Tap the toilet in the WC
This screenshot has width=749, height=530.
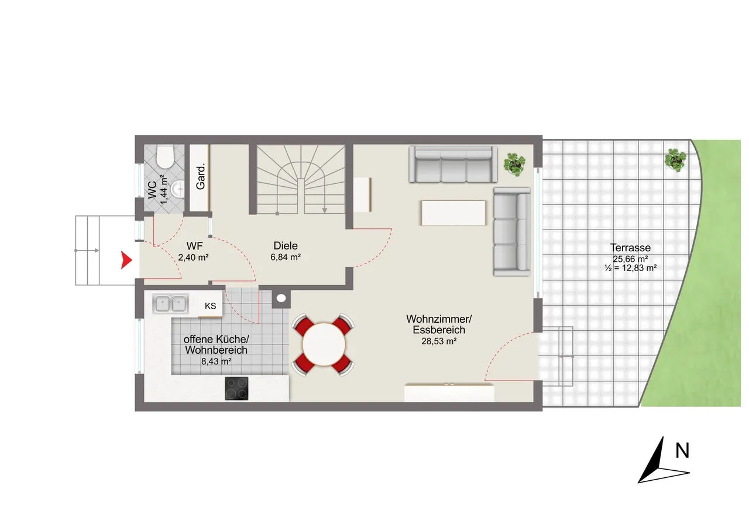coord(165,156)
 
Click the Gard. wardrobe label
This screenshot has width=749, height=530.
coord(200,177)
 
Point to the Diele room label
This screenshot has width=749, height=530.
coord(286,245)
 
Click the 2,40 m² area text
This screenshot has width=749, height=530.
coord(193,257)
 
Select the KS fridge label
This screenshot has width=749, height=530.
coord(210,306)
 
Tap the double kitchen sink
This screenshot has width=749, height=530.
coord(170,304)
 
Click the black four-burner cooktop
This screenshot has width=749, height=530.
coord(236,388)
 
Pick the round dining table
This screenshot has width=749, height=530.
coord(324,344)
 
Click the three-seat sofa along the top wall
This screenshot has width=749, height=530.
coord(453,165)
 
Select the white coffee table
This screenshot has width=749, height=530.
coord(453,213)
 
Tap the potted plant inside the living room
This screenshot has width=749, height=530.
coord(515,164)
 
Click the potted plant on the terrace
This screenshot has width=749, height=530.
coord(676,160)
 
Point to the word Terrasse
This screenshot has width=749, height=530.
coord(630,248)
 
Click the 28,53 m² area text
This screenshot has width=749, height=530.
coord(439,341)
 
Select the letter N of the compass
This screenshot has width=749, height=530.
coord(682,451)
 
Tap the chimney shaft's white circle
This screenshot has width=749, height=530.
coord(281,298)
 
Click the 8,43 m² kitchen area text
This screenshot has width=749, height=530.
coord(217,361)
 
